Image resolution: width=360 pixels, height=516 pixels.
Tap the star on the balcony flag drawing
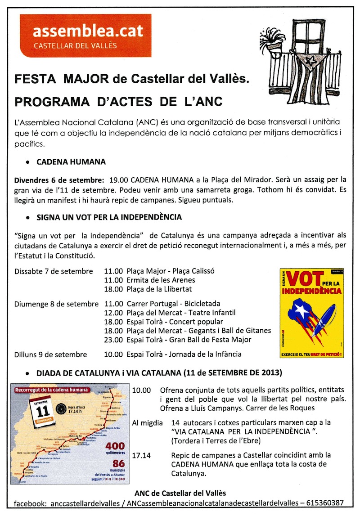coord(309,59)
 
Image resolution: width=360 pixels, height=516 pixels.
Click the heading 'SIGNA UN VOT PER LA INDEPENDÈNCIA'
coord(109,217)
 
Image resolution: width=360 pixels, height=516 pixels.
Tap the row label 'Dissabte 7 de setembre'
coord(54,271)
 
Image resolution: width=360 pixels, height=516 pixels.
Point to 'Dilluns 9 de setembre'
coord(50,354)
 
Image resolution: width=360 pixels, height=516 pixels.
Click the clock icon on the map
coord(61,408)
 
